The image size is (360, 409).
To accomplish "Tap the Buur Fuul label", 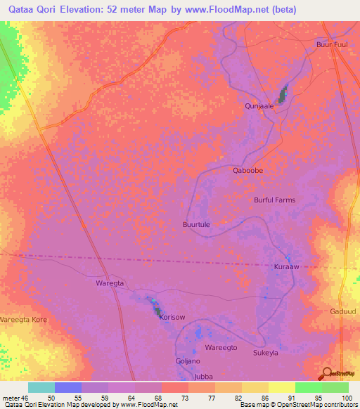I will tap(332, 44).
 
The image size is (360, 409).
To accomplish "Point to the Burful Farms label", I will tap(274, 200).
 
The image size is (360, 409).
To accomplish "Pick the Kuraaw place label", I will tap(286, 268).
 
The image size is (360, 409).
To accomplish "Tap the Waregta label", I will tap(109, 283).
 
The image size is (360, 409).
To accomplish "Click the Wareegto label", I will tap(221, 348).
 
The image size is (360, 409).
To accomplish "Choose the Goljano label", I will tap(187, 361).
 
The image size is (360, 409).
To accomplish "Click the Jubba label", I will tap(203, 377).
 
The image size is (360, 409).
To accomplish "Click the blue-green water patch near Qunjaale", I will tap(283, 94).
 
